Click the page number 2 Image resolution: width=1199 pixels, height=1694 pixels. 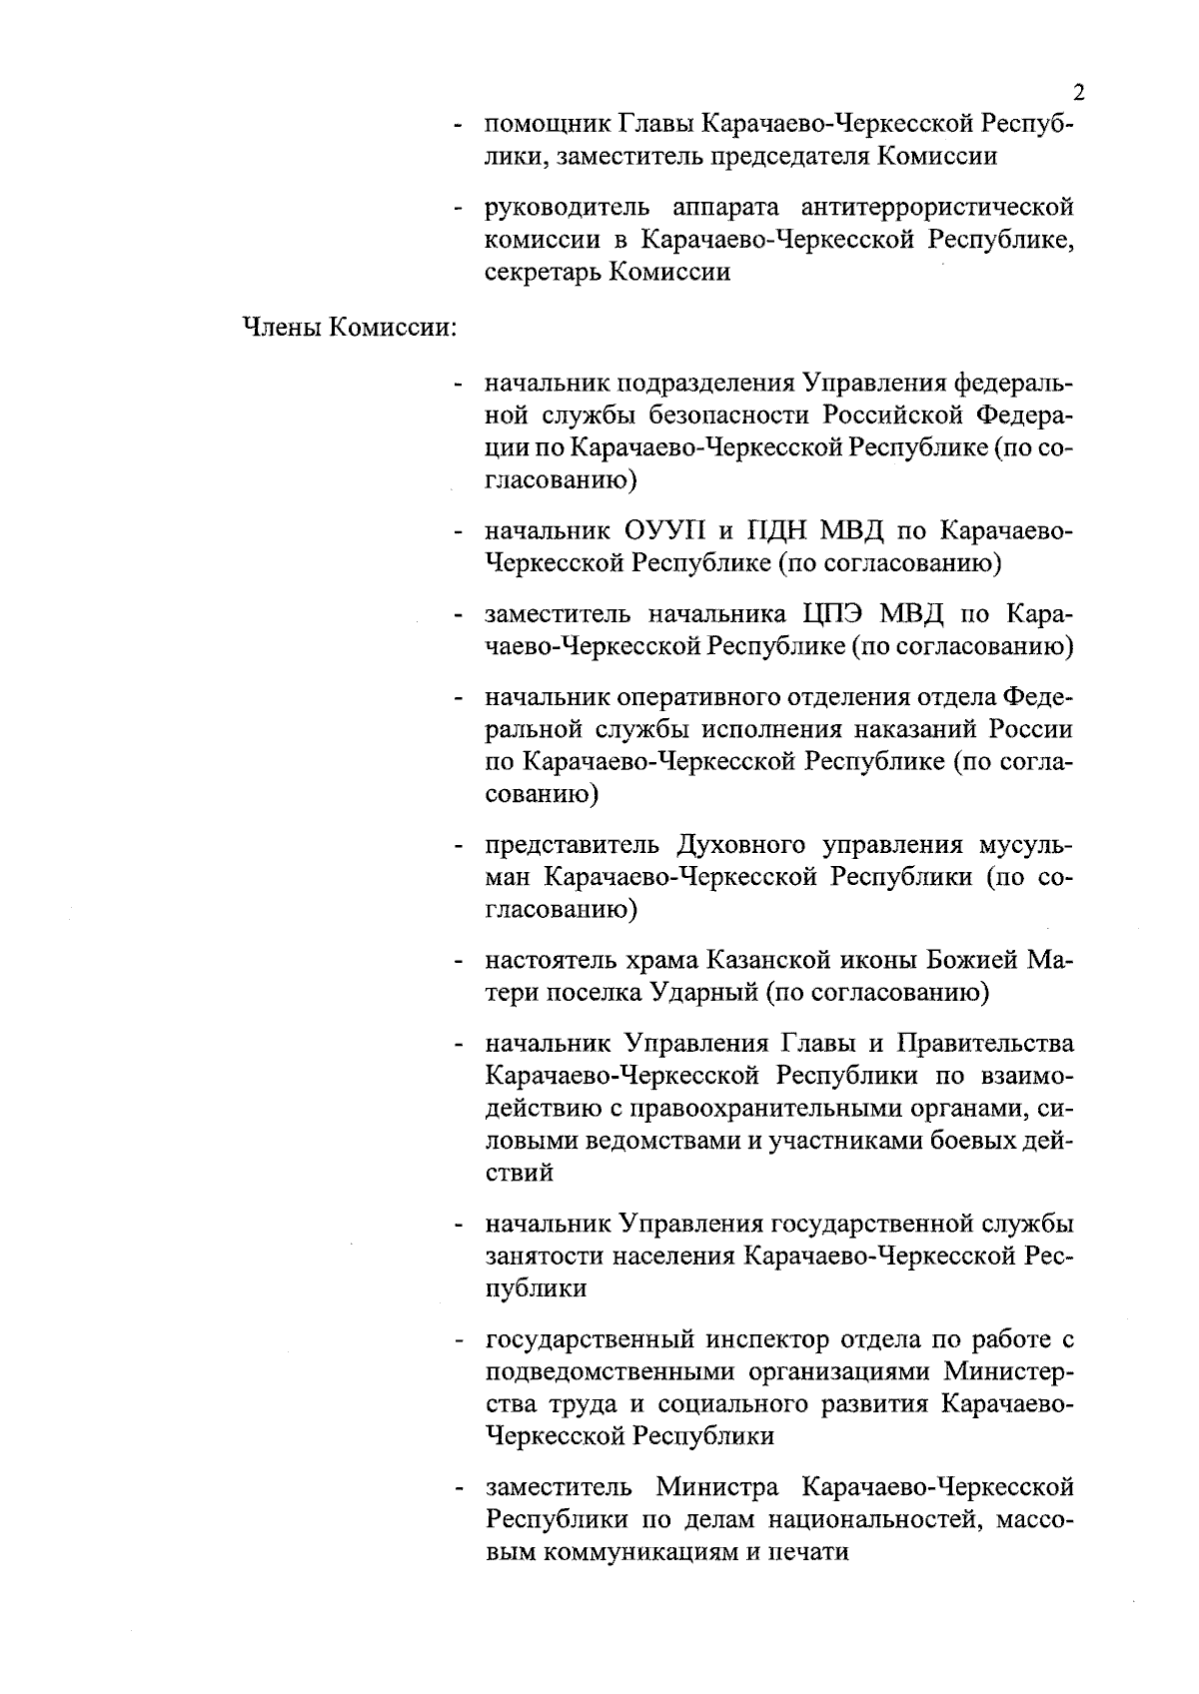1078,94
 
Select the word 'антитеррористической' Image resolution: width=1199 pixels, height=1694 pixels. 937,208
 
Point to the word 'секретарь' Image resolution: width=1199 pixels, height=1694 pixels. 543,272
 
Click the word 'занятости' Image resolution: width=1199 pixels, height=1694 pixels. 535,1256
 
